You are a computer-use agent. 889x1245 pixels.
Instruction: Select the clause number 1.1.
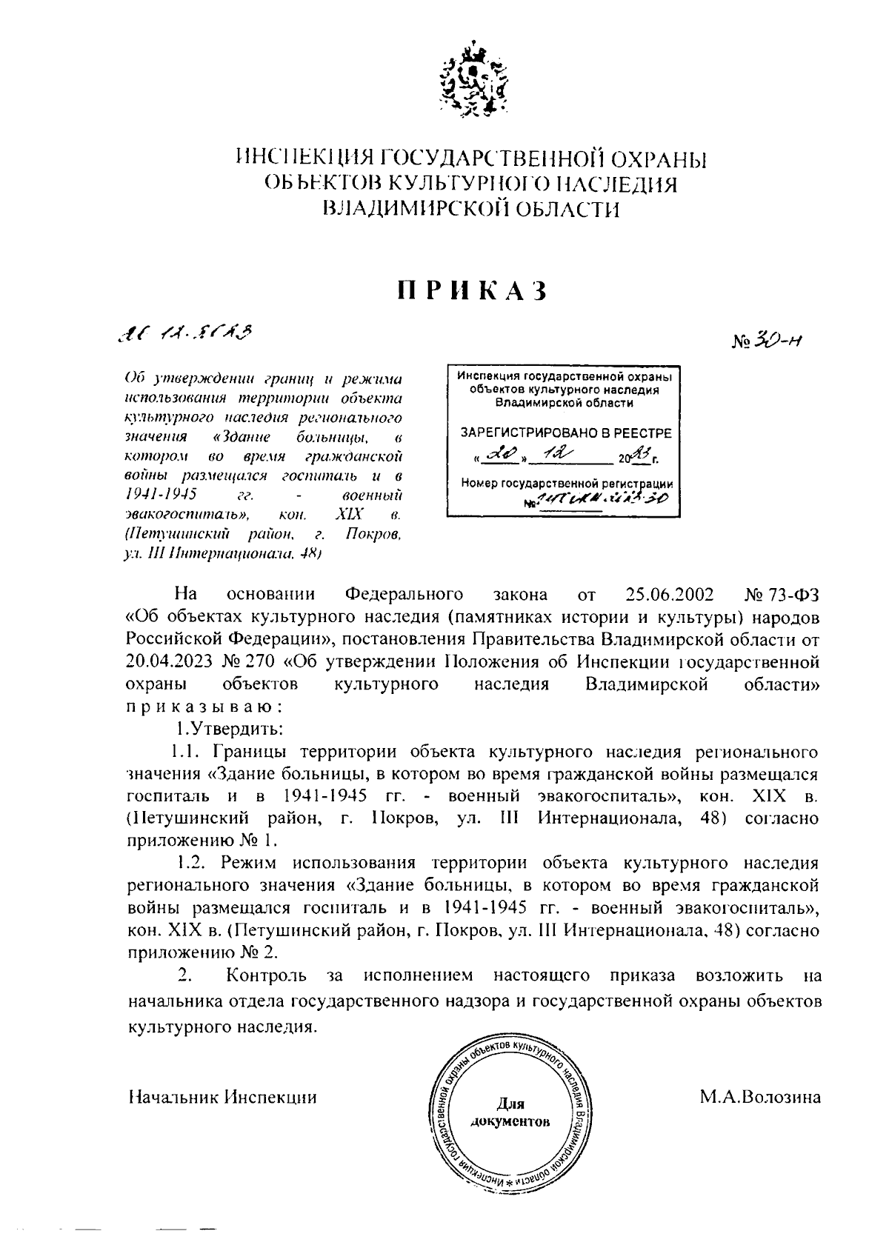click(x=188, y=751)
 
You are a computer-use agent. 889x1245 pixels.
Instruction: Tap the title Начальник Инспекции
click(x=222, y=1098)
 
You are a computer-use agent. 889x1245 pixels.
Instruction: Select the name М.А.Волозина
click(x=760, y=1097)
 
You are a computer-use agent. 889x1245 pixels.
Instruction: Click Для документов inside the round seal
click(x=510, y=1111)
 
